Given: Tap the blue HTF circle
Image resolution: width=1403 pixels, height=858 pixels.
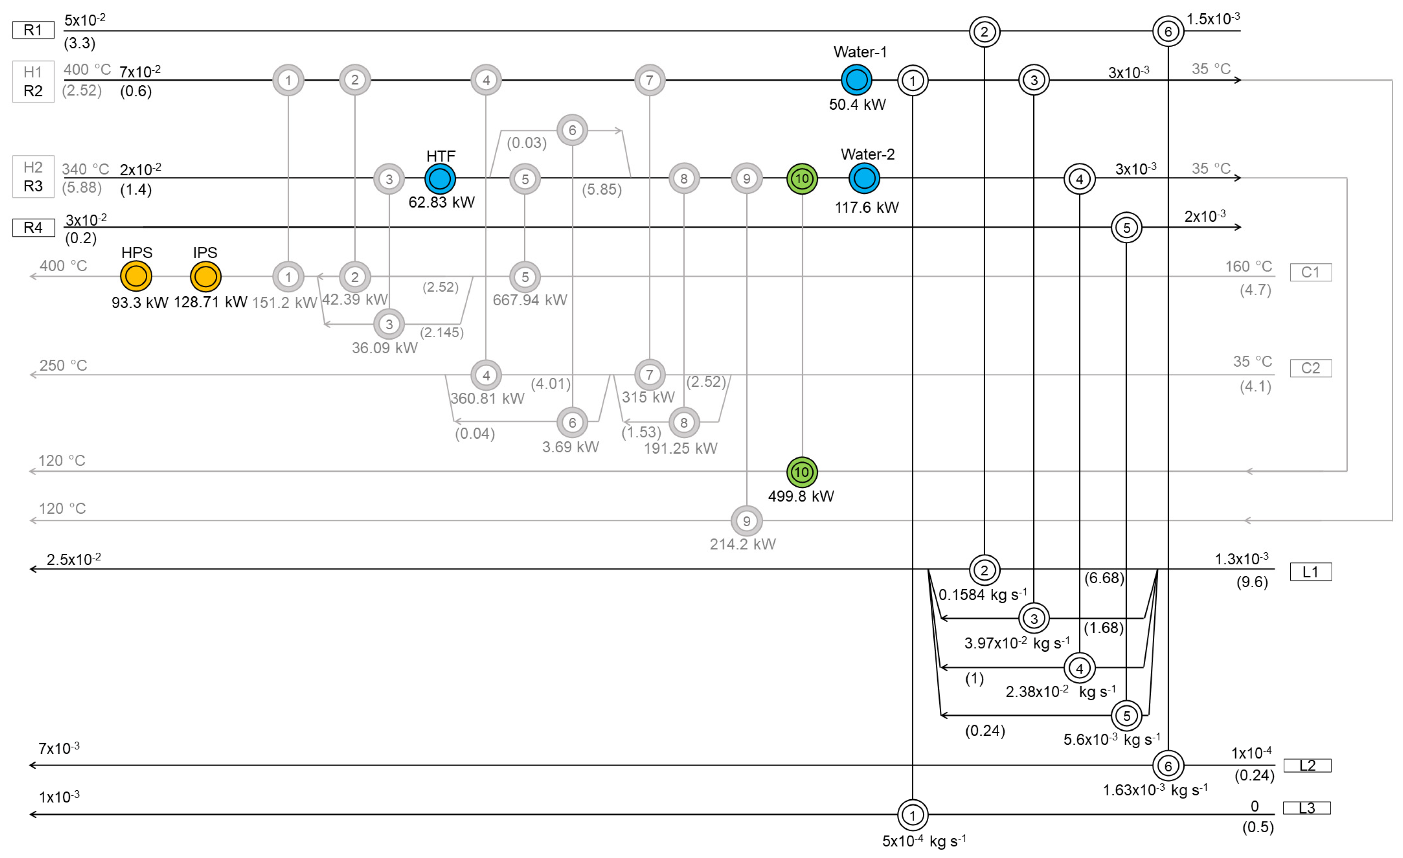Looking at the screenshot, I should click(440, 179).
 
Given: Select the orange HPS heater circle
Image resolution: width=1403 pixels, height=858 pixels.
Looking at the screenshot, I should click(136, 277).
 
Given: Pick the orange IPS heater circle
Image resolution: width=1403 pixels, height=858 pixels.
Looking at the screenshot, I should click(205, 277).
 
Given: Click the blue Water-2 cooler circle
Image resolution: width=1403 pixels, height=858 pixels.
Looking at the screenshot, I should click(864, 178).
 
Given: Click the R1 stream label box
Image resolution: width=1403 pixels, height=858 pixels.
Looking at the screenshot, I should click(33, 30).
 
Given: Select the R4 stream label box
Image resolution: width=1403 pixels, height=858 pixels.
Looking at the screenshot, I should click(33, 228).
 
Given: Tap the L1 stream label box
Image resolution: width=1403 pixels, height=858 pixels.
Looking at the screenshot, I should click(1310, 572).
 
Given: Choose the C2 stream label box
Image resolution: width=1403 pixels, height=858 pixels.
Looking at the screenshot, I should click(1310, 368).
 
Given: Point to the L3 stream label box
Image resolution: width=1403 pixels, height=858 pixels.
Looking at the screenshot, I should click(1307, 808).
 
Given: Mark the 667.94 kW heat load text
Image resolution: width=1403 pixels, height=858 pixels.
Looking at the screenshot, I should click(530, 300).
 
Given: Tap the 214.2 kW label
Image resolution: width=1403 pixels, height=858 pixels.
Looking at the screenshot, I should click(742, 544).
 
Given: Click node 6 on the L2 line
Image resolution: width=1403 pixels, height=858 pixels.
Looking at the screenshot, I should click(1168, 766).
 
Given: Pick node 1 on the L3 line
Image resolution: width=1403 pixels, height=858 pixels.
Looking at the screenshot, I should click(912, 815).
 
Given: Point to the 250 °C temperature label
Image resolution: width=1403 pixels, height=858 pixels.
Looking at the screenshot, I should click(63, 365).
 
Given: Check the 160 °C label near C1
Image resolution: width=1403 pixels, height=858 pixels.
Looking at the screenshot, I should click(1248, 266).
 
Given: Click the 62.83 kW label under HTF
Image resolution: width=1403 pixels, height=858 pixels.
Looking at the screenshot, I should click(441, 202).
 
